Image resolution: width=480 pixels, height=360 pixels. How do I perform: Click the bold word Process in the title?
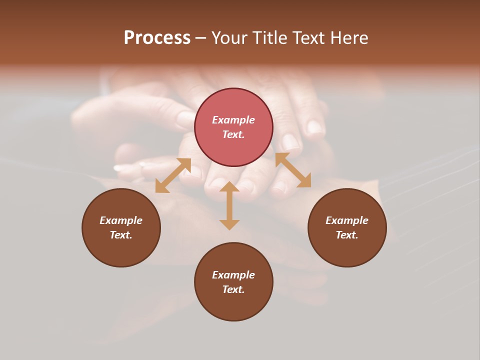click(157, 38)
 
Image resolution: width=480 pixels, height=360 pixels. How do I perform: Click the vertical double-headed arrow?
click(229, 206)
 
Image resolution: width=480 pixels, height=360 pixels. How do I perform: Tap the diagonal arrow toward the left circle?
click(173, 175)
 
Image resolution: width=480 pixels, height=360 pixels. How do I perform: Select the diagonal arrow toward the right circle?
click(293, 170)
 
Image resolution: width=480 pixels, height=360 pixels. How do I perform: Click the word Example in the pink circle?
click(233, 120)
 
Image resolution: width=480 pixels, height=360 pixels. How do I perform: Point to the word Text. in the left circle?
click(121, 235)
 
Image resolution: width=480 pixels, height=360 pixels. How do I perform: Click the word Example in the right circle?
click(347, 220)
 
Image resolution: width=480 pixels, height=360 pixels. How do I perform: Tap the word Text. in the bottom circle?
click(233, 289)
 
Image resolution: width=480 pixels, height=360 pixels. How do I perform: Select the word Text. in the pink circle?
click(233, 134)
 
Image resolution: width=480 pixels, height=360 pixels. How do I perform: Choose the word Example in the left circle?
click(121, 220)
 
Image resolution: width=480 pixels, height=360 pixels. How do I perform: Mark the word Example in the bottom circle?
click(233, 275)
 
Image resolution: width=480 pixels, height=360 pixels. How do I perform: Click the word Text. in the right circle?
click(347, 235)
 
